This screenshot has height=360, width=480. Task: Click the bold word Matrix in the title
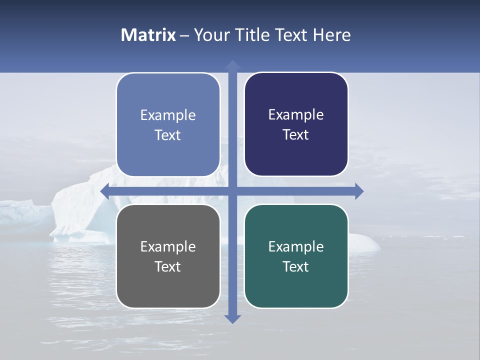click(148, 35)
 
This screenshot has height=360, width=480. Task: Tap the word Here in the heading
click(331, 35)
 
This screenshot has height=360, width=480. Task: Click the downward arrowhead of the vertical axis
click(232, 318)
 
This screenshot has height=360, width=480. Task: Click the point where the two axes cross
click(232, 191)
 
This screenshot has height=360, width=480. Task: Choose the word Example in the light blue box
click(168, 115)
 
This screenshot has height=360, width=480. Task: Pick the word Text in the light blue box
click(168, 135)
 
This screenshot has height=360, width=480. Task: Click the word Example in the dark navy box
click(296, 115)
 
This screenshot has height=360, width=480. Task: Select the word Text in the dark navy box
click(296, 134)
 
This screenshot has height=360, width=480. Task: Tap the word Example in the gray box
click(168, 246)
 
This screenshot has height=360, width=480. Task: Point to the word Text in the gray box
click(168, 266)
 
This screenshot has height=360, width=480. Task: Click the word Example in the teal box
click(296, 246)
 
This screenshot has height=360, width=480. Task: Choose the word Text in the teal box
click(296, 266)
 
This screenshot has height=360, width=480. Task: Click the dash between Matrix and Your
click(184, 35)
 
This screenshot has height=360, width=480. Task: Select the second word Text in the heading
click(290, 35)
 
